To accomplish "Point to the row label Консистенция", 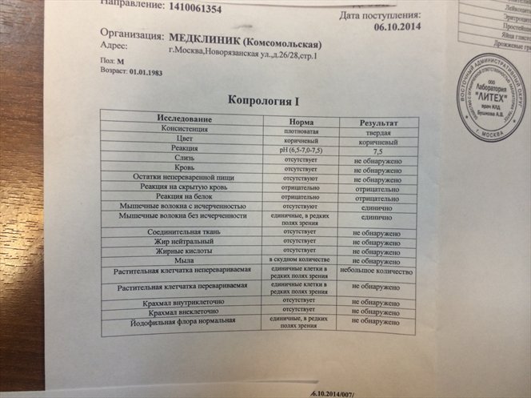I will [x=185, y=128].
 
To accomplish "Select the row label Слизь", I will [x=184, y=158].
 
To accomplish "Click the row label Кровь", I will [x=184, y=167].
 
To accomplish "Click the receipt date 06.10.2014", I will [x=397, y=26].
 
